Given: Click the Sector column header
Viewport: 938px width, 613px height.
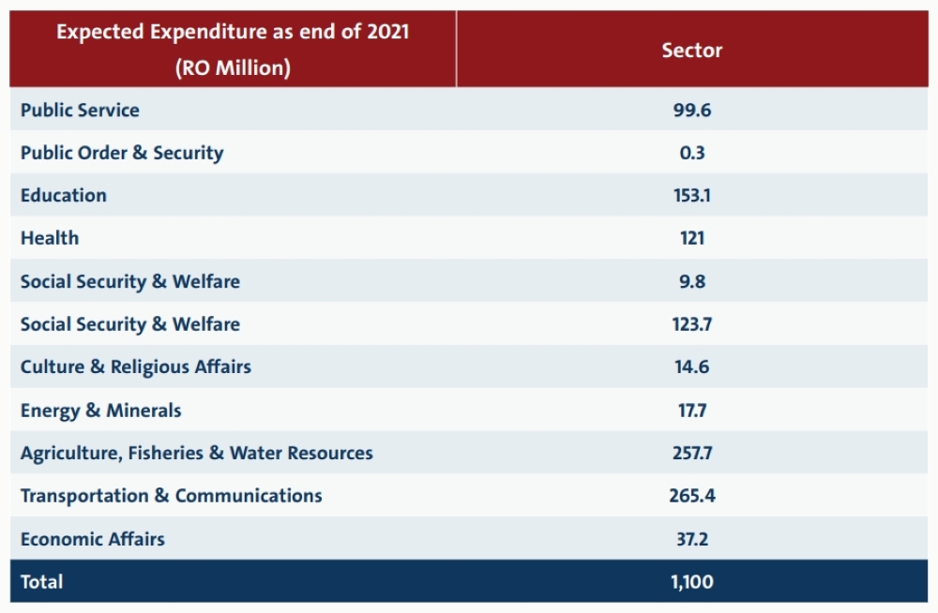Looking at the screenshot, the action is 691,51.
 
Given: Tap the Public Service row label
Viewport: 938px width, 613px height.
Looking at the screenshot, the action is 80,110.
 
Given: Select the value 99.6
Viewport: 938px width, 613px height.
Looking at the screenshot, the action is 692,110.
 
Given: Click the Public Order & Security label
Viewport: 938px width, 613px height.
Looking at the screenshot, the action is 122,153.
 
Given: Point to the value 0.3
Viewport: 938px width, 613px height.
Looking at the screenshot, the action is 692,153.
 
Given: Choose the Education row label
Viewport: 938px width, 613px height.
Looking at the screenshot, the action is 64,196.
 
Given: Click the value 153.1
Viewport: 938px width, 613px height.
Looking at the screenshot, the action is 692,196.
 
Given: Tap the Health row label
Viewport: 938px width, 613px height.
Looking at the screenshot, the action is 50,238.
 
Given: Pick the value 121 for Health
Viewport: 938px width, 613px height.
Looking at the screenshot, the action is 692,238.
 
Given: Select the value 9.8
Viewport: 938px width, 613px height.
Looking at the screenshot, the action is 692,281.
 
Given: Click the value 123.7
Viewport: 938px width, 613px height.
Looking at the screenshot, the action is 692,324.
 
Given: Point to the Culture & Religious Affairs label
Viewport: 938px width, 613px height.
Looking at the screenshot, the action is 136,367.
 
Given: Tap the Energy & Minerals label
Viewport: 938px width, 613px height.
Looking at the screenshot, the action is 100,411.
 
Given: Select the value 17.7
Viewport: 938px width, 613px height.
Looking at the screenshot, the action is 692,411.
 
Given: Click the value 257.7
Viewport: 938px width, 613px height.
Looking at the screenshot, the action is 692,454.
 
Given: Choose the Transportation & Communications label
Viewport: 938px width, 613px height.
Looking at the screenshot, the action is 171,496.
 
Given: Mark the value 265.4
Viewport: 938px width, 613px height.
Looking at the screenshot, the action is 692,496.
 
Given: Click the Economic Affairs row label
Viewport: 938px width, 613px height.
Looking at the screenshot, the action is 93,539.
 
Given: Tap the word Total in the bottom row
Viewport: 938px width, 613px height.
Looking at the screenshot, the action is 41,582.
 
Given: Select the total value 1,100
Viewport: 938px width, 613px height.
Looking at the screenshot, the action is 692,582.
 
